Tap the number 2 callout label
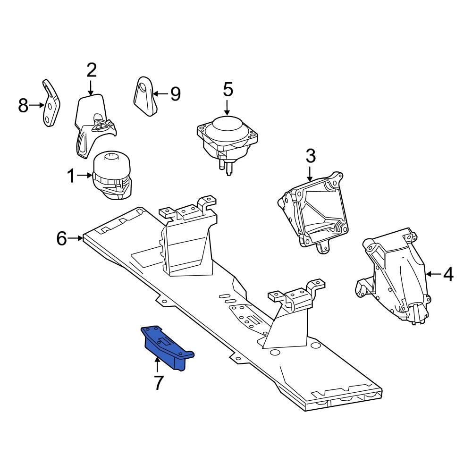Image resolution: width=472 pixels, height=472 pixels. click(91, 70)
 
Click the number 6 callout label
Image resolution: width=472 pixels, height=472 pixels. click(62, 238)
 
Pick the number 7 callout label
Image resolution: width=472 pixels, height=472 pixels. click(158, 383)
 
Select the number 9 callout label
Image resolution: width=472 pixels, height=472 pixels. click(175, 94)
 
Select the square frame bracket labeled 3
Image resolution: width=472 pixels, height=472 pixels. click(314, 210)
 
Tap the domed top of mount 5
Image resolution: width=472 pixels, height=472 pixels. click(228, 126)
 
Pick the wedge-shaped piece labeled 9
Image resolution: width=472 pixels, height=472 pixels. click(144, 95)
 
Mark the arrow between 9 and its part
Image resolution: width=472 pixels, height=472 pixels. click(160, 94)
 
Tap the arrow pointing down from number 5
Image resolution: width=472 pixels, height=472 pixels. click(228, 106)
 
